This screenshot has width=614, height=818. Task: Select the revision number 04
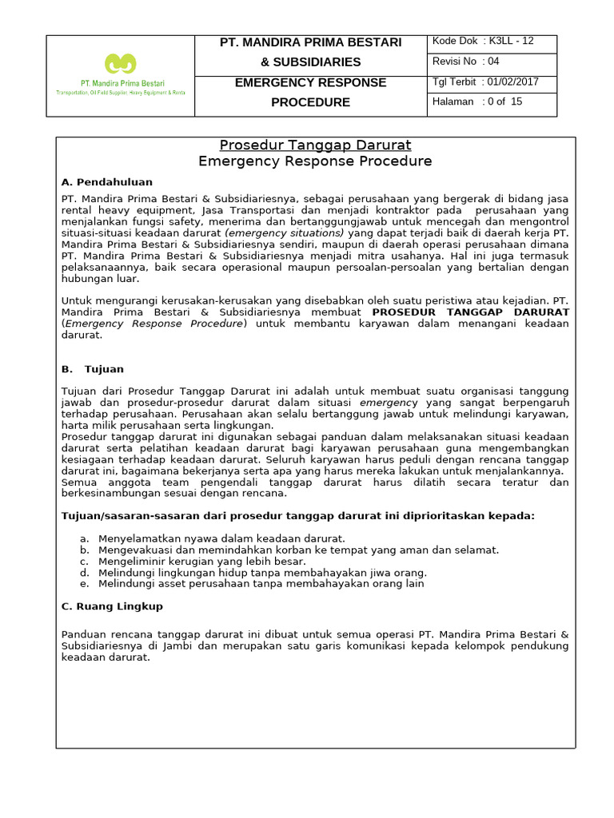point(492,62)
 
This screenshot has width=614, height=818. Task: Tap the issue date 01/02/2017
point(514,81)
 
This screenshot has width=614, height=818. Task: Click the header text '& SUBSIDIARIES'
point(311,62)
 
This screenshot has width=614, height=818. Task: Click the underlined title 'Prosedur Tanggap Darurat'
point(315,145)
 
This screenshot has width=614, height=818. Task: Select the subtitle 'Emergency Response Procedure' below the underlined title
point(315,161)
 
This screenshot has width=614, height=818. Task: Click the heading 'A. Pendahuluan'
point(107,182)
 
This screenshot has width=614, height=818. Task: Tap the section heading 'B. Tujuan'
point(93,369)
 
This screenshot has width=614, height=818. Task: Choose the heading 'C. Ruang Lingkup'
point(112,606)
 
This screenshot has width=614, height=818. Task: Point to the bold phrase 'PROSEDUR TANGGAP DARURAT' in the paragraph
point(471,312)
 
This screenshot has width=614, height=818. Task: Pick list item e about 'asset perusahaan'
point(261,583)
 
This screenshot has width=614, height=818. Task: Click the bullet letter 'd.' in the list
point(84,572)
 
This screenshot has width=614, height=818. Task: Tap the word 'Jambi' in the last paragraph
point(168,645)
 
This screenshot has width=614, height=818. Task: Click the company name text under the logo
point(121,83)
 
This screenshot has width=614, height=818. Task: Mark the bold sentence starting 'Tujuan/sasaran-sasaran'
point(297,516)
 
